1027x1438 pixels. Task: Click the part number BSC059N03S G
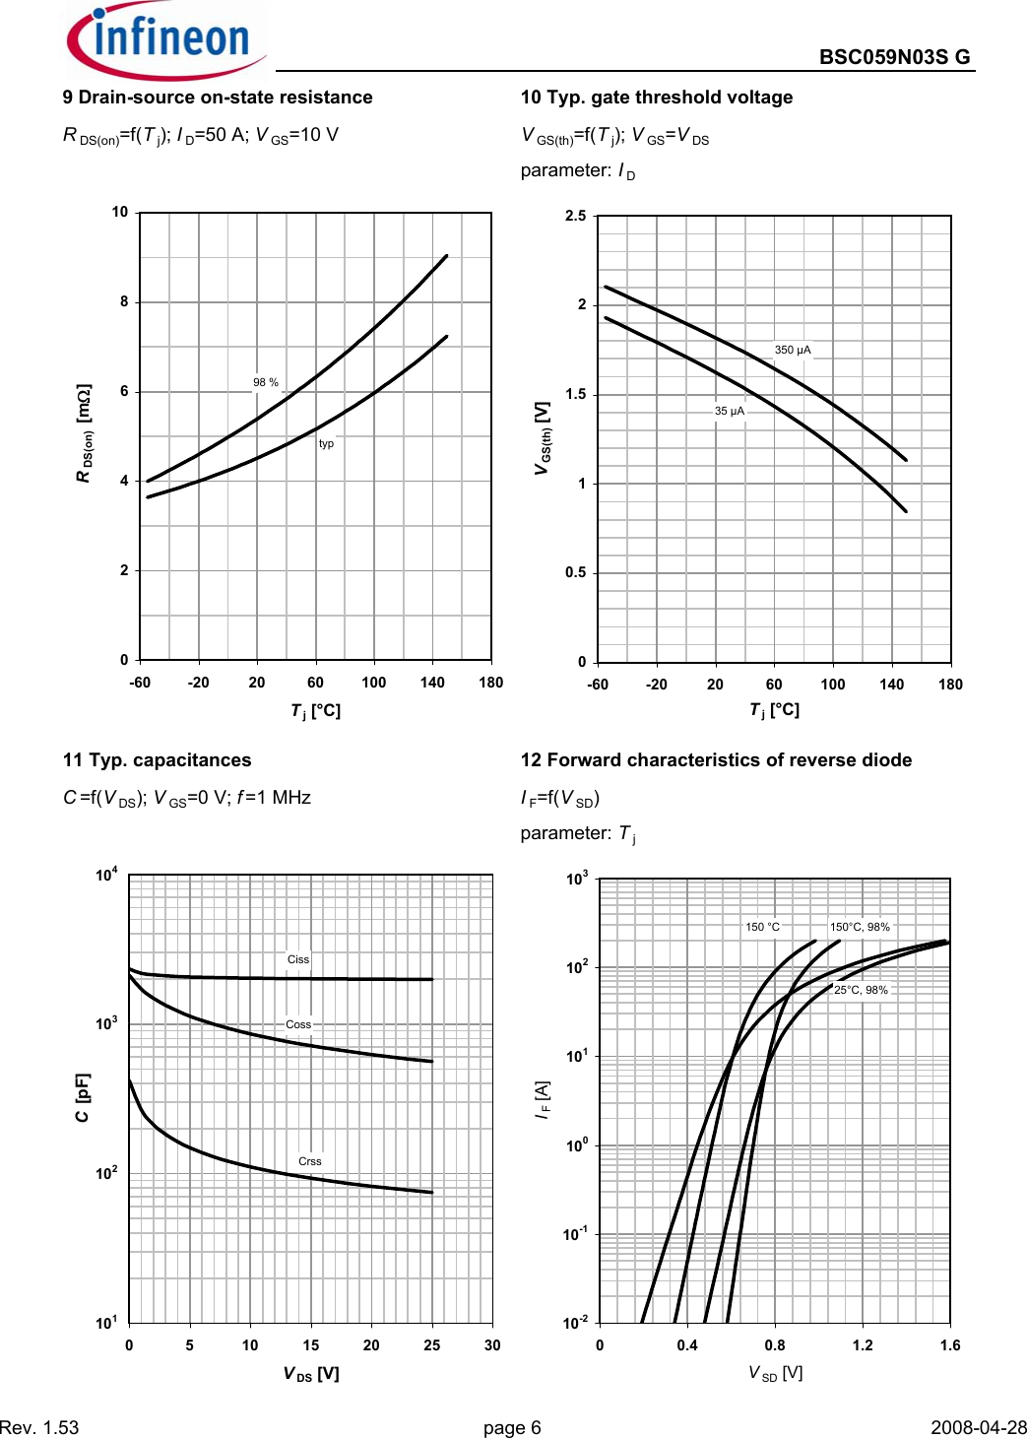(x=894, y=57)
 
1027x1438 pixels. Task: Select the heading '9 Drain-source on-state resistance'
(x=218, y=98)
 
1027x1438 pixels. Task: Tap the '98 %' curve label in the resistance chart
(x=266, y=382)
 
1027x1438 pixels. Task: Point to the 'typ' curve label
(x=326, y=443)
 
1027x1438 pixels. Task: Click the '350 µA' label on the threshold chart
(x=793, y=350)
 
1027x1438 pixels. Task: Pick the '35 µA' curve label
(x=730, y=411)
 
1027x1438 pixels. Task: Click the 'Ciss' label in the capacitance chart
(x=298, y=959)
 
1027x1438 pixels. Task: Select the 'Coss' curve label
(x=298, y=1024)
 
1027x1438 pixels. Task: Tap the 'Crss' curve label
(x=310, y=1161)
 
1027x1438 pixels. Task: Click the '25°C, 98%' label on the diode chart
(x=861, y=990)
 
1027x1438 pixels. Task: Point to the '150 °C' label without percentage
(x=762, y=927)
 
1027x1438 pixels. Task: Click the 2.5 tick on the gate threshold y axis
(x=576, y=216)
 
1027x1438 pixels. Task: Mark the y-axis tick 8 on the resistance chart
(x=124, y=301)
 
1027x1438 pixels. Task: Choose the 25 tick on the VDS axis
(x=432, y=1345)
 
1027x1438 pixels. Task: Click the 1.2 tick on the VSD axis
(x=863, y=1345)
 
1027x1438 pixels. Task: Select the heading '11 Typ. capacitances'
(x=158, y=760)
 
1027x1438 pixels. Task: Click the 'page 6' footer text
(x=512, y=1427)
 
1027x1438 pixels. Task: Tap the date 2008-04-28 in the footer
(x=979, y=1427)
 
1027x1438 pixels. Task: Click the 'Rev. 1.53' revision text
(x=39, y=1427)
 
